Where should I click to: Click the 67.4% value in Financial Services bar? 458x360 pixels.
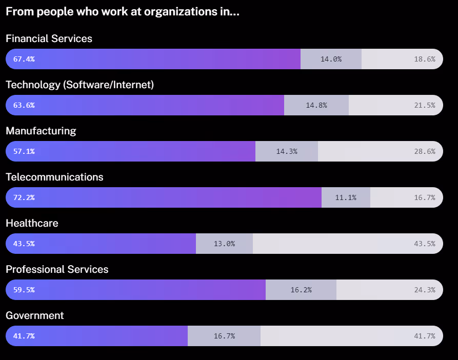(x=24, y=59)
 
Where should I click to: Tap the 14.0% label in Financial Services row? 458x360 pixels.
(x=331, y=59)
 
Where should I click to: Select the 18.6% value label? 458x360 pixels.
(x=424, y=59)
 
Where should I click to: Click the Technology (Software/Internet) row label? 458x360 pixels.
(x=79, y=85)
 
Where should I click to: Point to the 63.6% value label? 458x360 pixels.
(x=24, y=105)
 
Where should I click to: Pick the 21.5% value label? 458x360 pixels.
(x=424, y=105)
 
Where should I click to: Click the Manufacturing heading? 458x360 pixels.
(x=41, y=131)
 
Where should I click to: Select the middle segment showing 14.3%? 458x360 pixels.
(x=287, y=151)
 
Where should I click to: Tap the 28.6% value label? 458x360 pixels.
(x=424, y=151)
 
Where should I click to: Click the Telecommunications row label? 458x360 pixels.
(x=54, y=177)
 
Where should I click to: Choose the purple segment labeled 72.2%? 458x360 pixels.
(x=164, y=197)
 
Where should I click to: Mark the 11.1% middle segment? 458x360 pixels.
(x=346, y=197)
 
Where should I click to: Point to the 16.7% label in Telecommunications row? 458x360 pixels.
(x=424, y=197)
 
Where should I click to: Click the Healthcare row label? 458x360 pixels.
(x=32, y=223)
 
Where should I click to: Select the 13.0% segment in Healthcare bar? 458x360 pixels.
(x=224, y=244)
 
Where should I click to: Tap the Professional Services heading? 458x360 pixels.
(x=57, y=269)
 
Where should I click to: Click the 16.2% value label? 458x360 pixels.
(x=301, y=290)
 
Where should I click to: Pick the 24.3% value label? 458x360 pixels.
(x=424, y=290)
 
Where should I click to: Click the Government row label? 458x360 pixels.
(x=35, y=315)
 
